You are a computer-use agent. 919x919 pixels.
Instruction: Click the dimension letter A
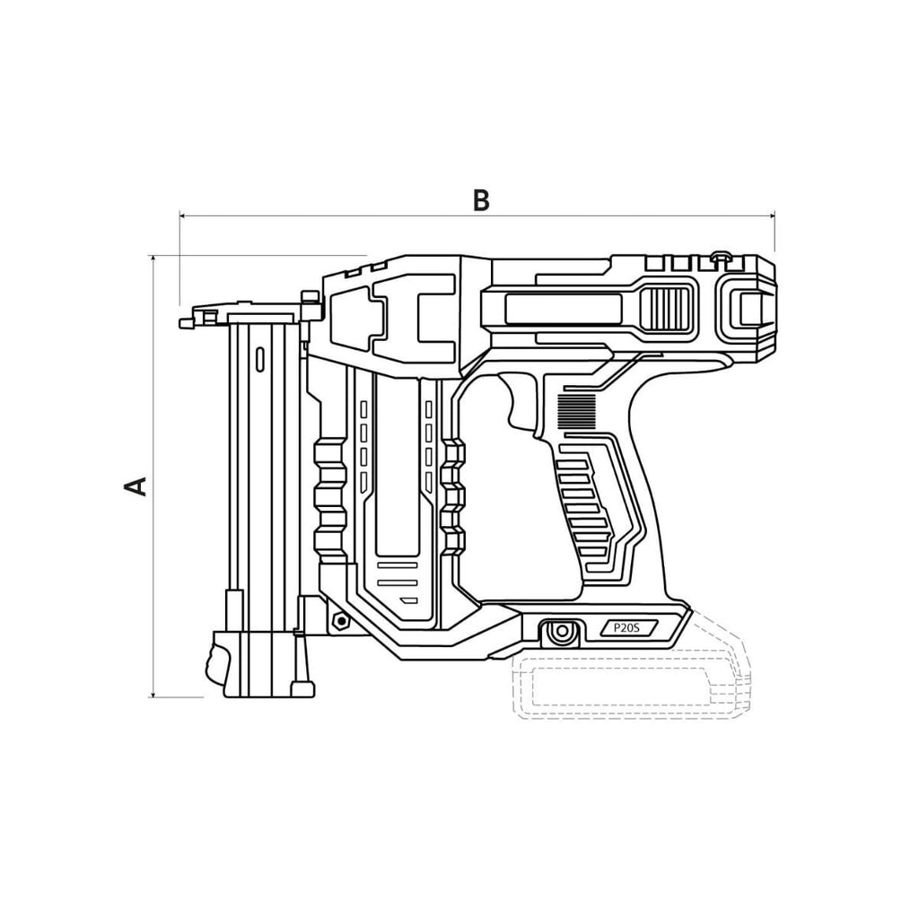coord(136,486)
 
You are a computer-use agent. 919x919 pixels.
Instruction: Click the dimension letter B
coord(481,200)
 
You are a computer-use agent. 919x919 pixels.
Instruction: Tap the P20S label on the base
coord(627,627)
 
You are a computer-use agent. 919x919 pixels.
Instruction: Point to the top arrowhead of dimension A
coord(153,259)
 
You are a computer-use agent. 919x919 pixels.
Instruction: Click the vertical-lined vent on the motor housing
coord(665,309)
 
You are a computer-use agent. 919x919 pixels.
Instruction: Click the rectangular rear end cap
coord(750,309)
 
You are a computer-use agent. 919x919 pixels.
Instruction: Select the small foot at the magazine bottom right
coord(303,688)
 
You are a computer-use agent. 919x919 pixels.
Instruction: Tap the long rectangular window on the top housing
coord(564,310)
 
